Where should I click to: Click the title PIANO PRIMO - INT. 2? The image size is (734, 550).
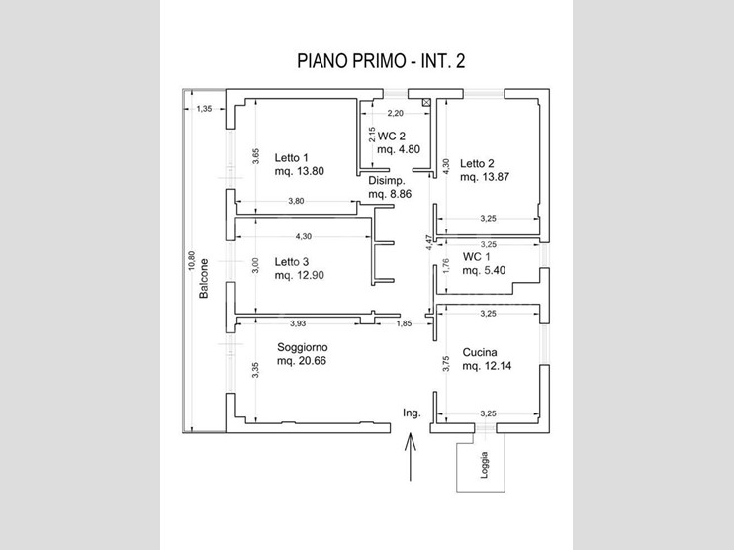pyautogui.click(x=381, y=61)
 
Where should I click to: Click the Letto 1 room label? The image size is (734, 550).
pyautogui.click(x=293, y=157)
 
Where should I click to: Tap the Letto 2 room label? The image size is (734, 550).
pyautogui.click(x=477, y=164)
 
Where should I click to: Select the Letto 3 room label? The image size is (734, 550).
pyautogui.click(x=293, y=262)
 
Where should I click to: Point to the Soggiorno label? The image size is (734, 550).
pyautogui.click(x=303, y=348)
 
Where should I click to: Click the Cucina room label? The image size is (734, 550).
pyautogui.click(x=479, y=353)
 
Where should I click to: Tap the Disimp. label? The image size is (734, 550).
pyautogui.click(x=387, y=182)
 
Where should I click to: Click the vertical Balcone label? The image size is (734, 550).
pyautogui.click(x=203, y=280)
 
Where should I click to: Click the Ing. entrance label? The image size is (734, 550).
pyautogui.click(x=412, y=412)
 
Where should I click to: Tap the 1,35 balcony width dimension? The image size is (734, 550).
pyautogui.click(x=204, y=109)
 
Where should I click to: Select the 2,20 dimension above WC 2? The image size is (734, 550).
pyautogui.click(x=397, y=113)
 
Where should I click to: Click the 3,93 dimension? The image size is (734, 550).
pyautogui.click(x=298, y=323)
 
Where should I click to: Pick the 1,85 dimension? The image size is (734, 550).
pyautogui.click(x=404, y=323)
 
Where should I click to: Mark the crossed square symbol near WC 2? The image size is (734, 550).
pyautogui.click(x=426, y=101)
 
